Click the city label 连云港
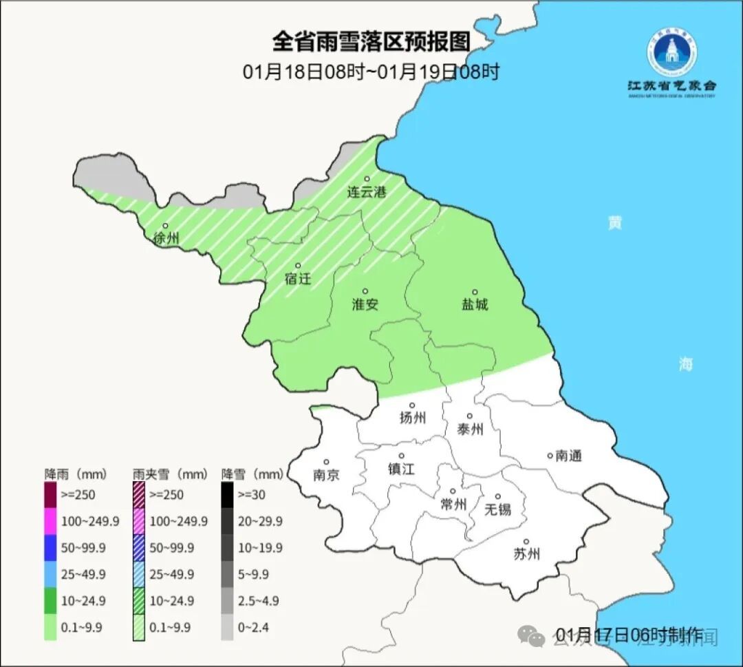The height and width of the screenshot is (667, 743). tap(367, 193)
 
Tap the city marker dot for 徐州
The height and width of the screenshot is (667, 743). tap(165, 226)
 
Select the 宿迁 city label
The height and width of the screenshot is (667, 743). tap(298, 279)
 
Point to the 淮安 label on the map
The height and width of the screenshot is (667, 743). tap(365, 304)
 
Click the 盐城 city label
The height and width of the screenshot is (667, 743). tap(474, 304)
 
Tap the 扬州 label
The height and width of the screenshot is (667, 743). tap(413, 418)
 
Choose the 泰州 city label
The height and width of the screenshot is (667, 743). tap(470, 430)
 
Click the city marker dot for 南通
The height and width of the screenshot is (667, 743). tap(550, 455)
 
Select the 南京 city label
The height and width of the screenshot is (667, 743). tap(326, 475)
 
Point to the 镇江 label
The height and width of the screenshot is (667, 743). tap(401, 469)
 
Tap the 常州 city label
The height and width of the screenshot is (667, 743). tap(453, 505)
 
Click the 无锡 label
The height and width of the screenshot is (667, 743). tap(498, 509)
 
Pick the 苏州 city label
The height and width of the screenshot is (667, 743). tap(526, 554)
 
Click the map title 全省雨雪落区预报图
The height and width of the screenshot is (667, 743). tap(371, 41)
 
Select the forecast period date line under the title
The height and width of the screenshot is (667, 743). tap(371, 72)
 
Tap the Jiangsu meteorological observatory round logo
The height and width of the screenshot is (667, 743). tap(671, 52)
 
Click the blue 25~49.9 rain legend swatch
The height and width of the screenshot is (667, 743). tap(50, 574)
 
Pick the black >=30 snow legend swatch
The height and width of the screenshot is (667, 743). tap(227, 494)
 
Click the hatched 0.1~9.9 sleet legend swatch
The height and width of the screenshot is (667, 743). tap(138, 627)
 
